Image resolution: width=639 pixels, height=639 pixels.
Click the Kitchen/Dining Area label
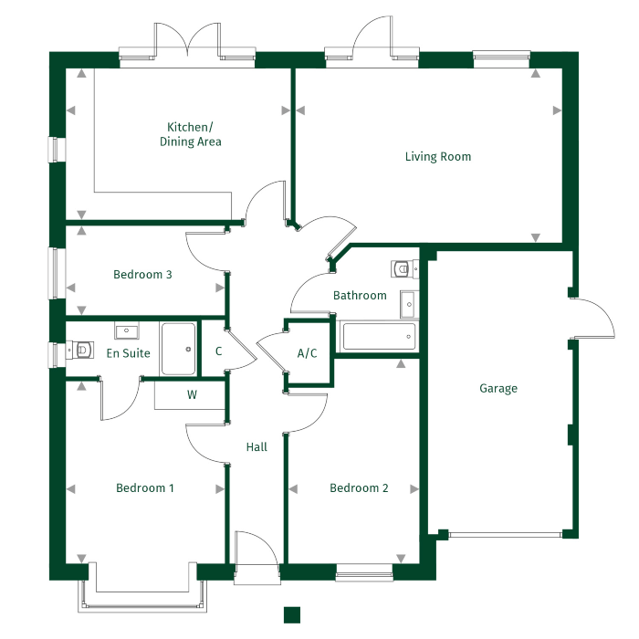190,134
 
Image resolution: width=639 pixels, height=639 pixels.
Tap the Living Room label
438,157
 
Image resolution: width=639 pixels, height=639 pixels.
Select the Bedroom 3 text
142,275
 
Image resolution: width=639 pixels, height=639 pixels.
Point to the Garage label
498,389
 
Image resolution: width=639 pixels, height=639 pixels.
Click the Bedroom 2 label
359,488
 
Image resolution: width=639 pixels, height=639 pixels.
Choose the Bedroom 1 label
145,488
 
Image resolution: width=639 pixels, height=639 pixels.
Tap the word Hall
257,447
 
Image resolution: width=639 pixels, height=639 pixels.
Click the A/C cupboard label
308,353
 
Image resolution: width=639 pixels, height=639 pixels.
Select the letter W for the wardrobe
192,395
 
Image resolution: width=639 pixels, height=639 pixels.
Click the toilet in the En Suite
80,350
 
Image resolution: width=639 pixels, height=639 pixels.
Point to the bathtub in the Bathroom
377,337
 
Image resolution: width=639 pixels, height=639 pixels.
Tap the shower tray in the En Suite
178,349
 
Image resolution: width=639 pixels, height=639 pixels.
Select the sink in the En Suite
125,330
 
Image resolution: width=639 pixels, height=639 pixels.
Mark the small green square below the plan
292,613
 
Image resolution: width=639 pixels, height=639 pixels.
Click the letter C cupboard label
219,351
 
